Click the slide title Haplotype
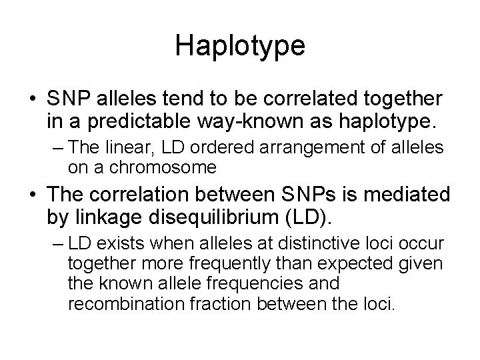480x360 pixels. click(240, 45)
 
